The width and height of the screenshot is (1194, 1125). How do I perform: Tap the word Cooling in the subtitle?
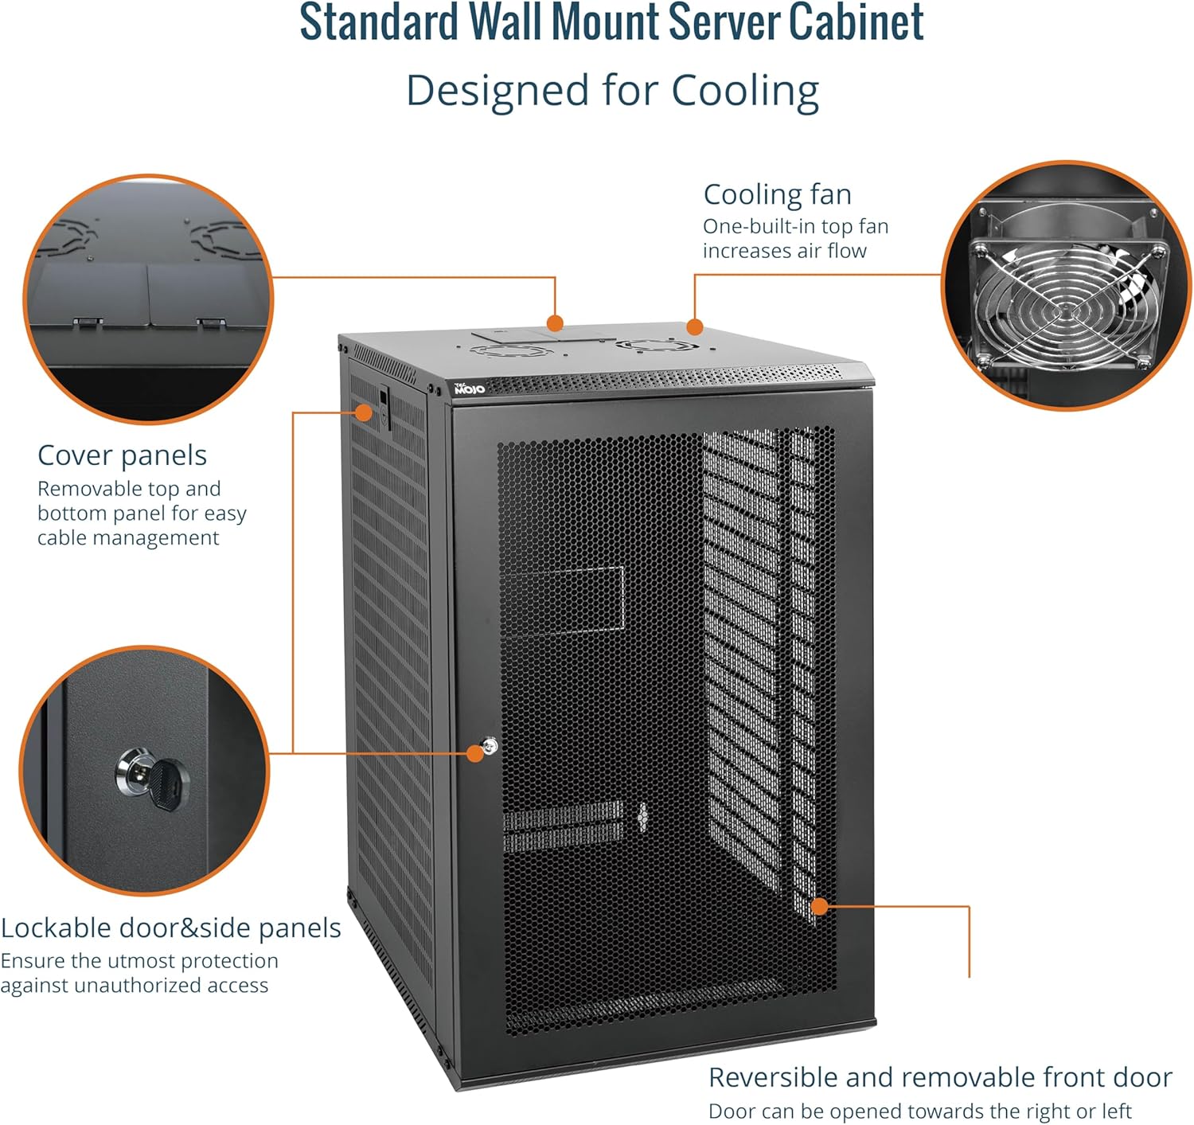pyautogui.click(x=745, y=91)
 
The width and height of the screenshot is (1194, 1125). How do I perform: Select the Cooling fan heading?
pyautogui.click(x=778, y=194)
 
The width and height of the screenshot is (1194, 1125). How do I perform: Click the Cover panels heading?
pyautogui.click(x=122, y=455)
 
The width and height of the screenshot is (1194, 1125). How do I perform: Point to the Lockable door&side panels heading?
pyautogui.click(x=171, y=928)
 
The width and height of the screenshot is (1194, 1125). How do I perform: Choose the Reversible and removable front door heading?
pyautogui.click(x=940, y=1077)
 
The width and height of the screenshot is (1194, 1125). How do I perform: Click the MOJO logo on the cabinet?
pyautogui.click(x=470, y=389)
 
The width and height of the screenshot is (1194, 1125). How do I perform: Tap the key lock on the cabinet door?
pyautogui.click(x=490, y=746)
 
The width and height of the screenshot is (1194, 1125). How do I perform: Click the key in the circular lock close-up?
pyautogui.click(x=168, y=784)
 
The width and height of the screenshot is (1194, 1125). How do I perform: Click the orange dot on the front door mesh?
pyautogui.click(x=819, y=906)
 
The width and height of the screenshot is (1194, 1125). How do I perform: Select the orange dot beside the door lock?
pyautogui.click(x=475, y=753)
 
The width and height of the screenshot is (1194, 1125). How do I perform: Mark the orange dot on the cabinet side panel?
pyautogui.click(x=363, y=412)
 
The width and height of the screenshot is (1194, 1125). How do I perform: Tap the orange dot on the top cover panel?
pyautogui.click(x=555, y=323)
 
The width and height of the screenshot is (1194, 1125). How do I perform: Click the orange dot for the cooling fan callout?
pyautogui.click(x=694, y=327)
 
